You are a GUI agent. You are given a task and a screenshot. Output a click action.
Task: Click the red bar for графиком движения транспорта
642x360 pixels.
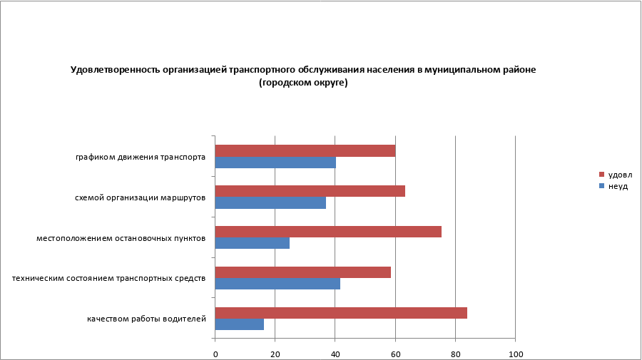(305, 150)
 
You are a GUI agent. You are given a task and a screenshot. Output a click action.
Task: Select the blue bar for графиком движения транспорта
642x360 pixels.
(275, 163)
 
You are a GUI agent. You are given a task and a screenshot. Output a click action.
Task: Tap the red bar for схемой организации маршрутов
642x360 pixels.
(310, 191)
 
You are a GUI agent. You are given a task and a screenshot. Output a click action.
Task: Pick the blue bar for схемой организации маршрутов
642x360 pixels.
(270, 203)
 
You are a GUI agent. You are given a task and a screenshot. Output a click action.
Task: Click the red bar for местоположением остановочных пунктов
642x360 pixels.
(328, 232)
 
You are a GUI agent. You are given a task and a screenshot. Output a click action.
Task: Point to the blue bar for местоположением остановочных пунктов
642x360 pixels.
(252, 243)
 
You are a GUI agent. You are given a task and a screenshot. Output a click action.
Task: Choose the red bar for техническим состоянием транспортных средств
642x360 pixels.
(302, 272)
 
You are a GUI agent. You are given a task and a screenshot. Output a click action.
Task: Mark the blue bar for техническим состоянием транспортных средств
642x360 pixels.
(277, 284)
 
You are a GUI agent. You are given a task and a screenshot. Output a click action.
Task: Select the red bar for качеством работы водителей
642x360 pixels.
(341, 313)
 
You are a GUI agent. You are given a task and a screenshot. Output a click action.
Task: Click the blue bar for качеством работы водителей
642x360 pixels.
(239, 324)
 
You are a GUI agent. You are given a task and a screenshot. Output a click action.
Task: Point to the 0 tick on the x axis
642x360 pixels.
(215, 354)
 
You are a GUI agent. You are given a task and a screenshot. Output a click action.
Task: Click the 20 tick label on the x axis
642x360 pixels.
(275, 354)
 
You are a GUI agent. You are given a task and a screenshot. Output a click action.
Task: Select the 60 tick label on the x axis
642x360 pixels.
(395, 354)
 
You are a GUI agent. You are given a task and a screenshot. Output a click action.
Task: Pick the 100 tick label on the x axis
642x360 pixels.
(515, 354)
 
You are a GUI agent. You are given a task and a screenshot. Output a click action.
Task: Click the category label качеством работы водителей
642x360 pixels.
(147, 319)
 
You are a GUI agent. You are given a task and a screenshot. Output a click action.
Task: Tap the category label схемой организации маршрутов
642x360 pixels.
(141, 197)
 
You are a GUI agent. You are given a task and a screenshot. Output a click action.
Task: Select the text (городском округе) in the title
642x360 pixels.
(303, 83)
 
